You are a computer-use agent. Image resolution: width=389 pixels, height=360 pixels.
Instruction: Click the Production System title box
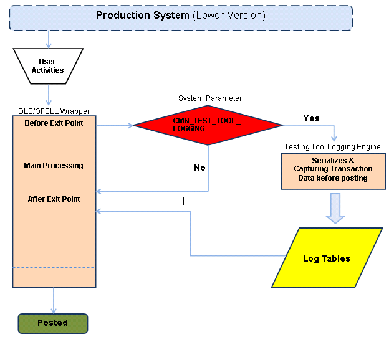[180, 18]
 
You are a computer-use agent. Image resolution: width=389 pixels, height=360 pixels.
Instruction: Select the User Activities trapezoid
[47, 66]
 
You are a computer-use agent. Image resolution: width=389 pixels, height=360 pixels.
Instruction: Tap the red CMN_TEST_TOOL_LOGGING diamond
[207, 124]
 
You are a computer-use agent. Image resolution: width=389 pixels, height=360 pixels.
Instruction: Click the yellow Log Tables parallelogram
[327, 258]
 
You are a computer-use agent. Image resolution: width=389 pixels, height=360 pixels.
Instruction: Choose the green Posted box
[52, 323]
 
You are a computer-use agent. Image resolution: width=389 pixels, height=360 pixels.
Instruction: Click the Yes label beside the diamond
[311, 118]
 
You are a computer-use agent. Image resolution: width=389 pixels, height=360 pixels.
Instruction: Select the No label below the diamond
[199, 168]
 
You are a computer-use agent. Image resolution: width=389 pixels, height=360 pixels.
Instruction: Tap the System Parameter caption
[210, 98]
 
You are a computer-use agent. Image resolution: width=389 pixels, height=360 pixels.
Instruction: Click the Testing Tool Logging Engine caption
[332, 147]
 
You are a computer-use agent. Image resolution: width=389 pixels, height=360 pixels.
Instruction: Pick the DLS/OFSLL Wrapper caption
[54, 111]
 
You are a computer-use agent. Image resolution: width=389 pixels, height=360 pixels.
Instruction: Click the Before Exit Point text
[54, 123]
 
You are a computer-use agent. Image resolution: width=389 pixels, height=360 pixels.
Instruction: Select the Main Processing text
[54, 166]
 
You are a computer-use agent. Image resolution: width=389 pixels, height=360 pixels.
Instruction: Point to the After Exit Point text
[54, 199]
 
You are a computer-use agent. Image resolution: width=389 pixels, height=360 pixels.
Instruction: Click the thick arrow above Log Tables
[335, 207]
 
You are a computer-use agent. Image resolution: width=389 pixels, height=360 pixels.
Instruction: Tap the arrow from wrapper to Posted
[54, 300]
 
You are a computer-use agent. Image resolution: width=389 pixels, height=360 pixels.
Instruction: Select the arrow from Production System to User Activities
[49, 39]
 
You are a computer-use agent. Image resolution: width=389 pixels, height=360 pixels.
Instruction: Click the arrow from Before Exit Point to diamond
[115, 125]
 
